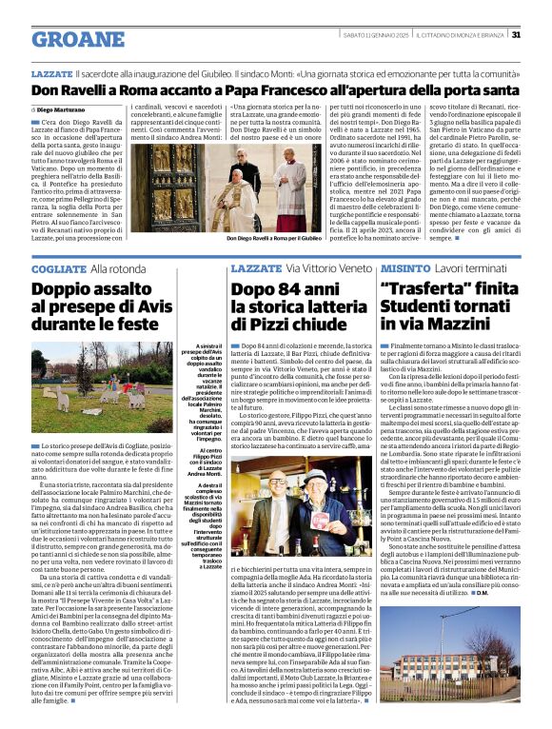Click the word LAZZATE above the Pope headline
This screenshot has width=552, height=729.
(51, 73)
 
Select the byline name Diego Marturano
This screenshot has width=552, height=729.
(64, 110)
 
